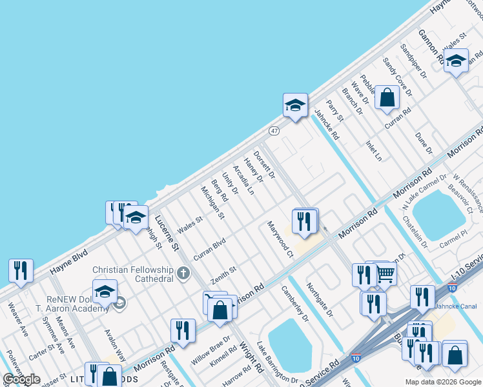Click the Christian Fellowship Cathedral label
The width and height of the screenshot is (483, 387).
point(133,274)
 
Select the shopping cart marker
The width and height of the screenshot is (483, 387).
point(385,274)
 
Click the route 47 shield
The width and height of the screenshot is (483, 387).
point(274,131)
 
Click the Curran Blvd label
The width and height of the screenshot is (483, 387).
point(209,249)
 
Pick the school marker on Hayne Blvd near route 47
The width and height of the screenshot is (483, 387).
point(295,105)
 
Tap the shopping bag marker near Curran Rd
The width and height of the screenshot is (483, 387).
point(387,98)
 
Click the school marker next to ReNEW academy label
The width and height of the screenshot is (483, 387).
point(105,292)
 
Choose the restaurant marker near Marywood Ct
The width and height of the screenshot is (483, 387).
point(303,221)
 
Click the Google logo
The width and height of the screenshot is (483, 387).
point(21,379)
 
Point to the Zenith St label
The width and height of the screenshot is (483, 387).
point(224,275)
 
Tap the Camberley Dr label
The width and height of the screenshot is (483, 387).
point(295,303)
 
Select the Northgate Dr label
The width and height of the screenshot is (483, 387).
point(320,301)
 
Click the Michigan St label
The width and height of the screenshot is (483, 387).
point(212,202)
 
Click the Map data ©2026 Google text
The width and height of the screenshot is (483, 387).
point(442,382)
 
